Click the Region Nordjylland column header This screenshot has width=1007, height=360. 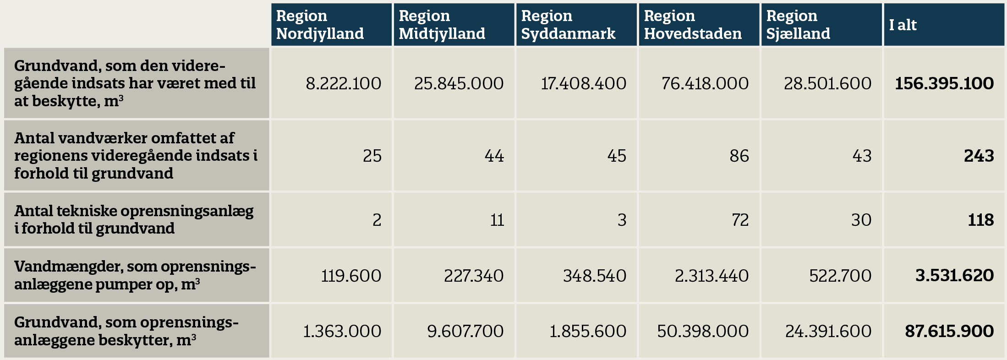331,25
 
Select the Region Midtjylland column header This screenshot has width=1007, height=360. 454,25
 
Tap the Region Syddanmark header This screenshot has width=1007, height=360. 576,25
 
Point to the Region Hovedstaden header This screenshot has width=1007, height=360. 699,25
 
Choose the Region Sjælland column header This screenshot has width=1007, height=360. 821,25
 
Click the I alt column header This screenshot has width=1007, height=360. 944,25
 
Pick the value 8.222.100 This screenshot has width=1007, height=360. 344,83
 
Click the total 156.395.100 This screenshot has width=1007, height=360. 944,83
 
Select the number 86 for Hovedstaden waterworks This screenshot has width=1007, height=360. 739,156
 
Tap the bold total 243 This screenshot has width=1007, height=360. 979,156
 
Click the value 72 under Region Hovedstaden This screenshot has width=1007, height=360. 740,220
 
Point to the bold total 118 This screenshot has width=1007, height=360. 980,220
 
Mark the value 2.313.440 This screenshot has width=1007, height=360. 711,276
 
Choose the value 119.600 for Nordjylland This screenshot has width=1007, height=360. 351,276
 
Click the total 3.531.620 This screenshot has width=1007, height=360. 954,276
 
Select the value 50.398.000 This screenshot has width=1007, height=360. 703,331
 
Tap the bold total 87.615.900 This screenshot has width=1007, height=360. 949,331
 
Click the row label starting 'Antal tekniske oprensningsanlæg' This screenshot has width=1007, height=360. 134,219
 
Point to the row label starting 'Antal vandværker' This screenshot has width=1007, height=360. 136,156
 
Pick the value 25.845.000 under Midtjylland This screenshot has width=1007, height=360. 459,83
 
